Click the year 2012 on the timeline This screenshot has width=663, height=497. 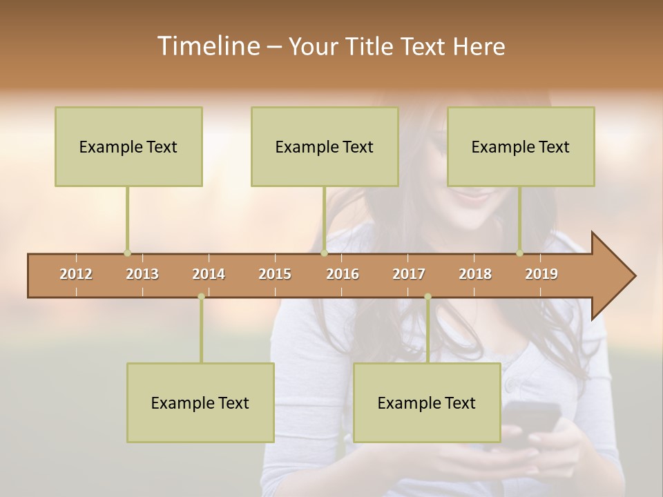(76, 274)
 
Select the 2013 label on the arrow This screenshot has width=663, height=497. (142, 274)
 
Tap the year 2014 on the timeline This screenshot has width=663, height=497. (209, 274)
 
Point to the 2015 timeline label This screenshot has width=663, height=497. (275, 274)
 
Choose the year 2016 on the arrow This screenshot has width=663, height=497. (343, 274)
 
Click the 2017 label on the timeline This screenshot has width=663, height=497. (409, 274)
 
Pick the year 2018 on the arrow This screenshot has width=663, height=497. (475, 274)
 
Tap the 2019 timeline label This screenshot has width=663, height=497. (541, 274)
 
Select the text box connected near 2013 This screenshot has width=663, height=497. (128, 146)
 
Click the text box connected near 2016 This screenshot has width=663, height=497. (325, 146)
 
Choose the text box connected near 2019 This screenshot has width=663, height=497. (521, 146)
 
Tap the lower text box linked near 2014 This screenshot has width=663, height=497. (200, 402)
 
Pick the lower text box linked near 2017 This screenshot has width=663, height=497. (427, 402)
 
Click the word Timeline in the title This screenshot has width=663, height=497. (207, 46)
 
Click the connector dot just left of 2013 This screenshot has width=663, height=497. (127, 253)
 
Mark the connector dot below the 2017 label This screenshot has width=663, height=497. (427, 297)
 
